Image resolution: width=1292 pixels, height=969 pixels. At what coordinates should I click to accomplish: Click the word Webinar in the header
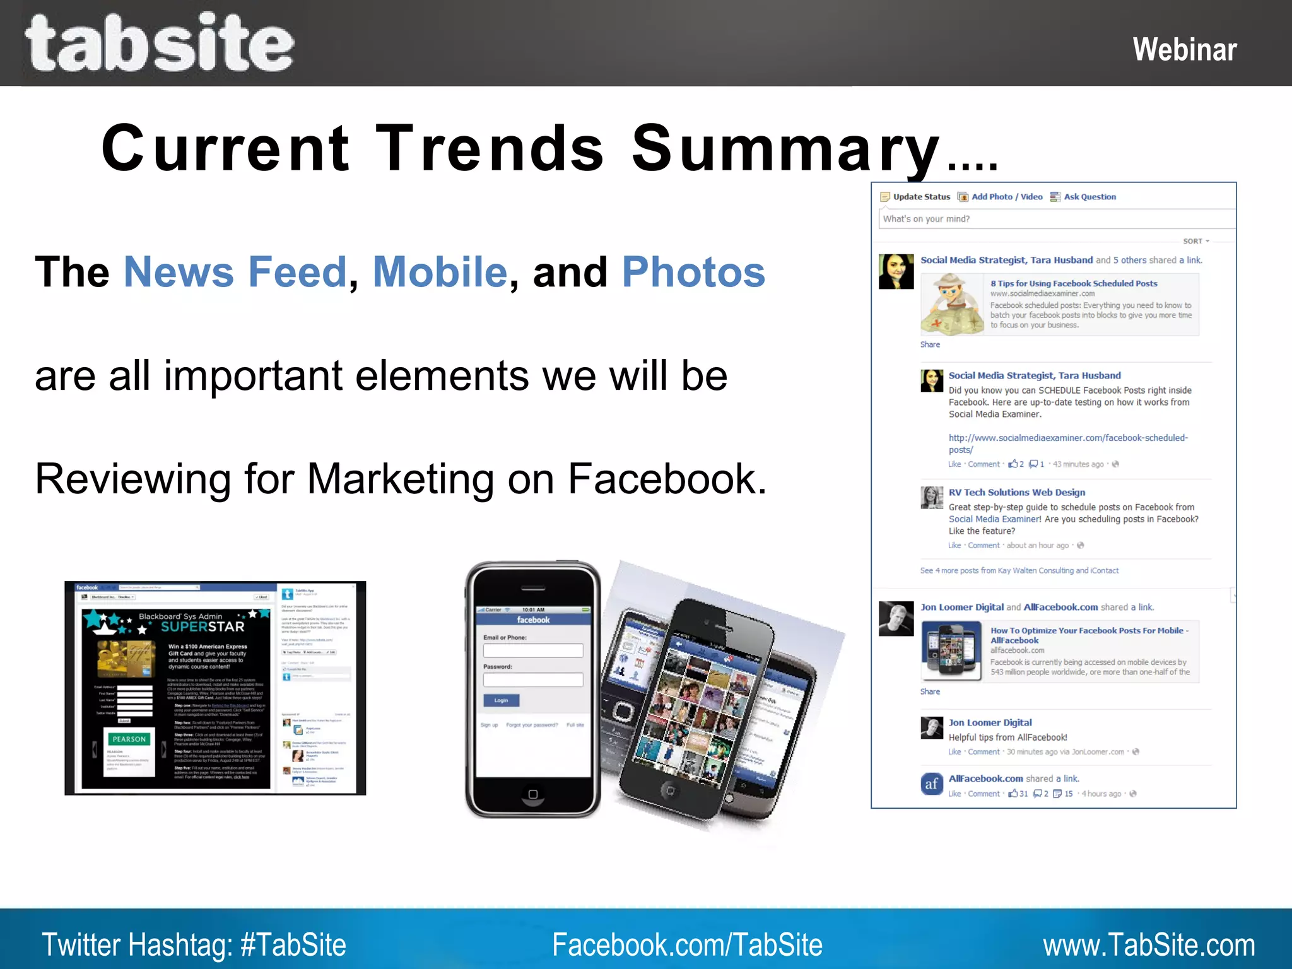pyautogui.click(x=1184, y=50)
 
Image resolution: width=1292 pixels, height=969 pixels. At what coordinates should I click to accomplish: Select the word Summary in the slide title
pyautogui.click(x=785, y=149)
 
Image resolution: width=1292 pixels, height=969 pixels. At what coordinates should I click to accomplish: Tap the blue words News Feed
pyautogui.click(x=235, y=272)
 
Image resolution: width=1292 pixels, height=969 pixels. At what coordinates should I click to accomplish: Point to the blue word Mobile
pyautogui.click(x=440, y=272)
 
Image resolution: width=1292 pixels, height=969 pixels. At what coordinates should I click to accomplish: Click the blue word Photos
pyautogui.click(x=693, y=272)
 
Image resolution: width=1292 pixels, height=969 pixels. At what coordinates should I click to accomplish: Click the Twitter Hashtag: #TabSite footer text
pyautogui.click(x=194, y=944)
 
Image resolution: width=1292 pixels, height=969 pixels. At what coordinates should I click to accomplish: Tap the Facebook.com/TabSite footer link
pyautogui.click(x=687, y=944)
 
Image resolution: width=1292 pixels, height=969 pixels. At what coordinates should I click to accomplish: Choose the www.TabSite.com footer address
pyautogui.click(x=1148, y=944)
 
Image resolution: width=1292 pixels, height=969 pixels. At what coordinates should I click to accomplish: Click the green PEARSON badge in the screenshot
pyautogui.click(x=129, y=739)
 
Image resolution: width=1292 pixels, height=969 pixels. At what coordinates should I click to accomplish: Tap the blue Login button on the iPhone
pyautogui.click(x=502, y=700)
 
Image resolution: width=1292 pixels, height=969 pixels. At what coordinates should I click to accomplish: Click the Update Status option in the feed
pyautogui.click(x=920, y=197)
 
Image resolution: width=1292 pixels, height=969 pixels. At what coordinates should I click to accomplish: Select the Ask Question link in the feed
pyautogui.click(x=1089, y=197)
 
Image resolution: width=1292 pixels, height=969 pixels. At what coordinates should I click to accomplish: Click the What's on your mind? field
pyautogui.click(x=1054, y=219)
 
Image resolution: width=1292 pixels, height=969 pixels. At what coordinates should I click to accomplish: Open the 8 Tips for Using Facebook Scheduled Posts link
pyautogui.click(x=1073, y=284)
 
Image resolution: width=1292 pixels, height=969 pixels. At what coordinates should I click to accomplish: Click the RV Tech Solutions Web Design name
pyautogui.click(x=1016, y=492)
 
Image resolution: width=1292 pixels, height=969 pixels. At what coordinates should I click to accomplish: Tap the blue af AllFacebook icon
pyautogui.click(x=932, y=784)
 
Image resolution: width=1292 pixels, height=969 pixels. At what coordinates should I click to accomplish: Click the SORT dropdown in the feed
pyautogui.click(x=1195, y=241)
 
